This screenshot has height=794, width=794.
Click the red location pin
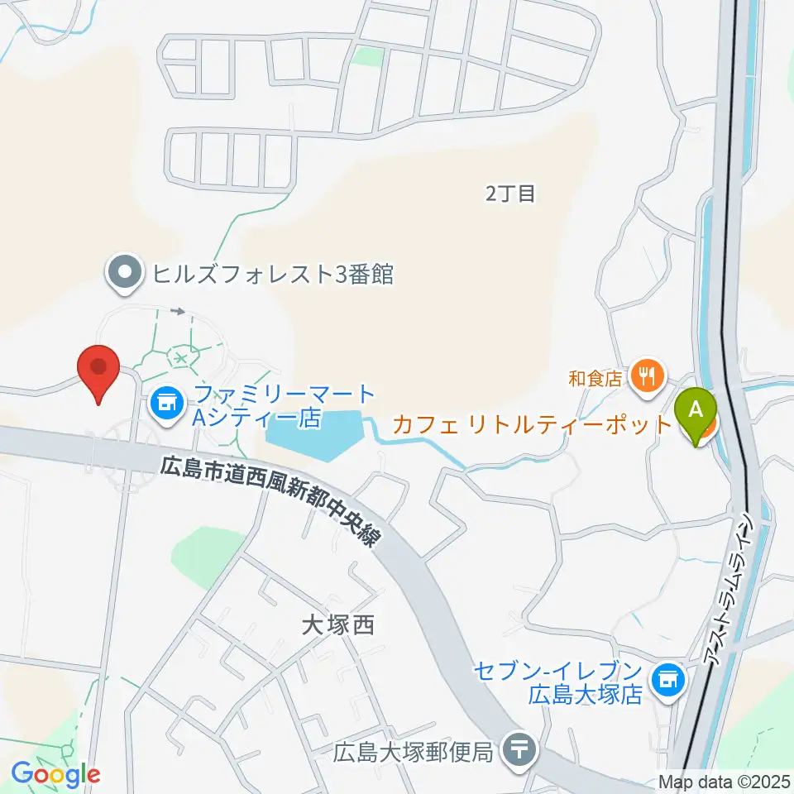[98, 369]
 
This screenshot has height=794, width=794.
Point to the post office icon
[520, 751]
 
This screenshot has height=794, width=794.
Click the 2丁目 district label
[510, 194]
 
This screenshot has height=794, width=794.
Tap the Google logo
[55, 775]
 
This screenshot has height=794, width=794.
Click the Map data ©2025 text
[725, 782]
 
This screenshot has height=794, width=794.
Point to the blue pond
[315, 433]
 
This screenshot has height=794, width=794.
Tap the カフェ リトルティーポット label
[532, 425]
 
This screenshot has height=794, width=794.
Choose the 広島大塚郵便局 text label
[414, 752]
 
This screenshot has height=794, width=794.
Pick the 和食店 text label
[595, 378]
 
